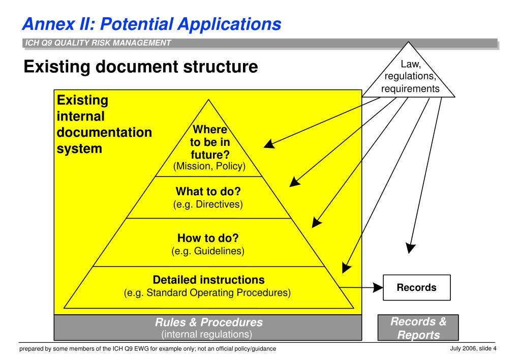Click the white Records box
(416, 288)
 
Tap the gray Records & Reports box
(418, 328)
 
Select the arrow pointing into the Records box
(361, 288)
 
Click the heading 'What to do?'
(208, 192)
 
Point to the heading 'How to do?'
(208, 237)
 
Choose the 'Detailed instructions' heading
(208, 280)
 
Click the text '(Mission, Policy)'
(209, 166)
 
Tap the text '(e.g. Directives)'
(208, 204)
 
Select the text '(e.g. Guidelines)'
(208, 251)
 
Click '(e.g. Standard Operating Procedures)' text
(207, 293)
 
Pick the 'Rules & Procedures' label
(208, 322)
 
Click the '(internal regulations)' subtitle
(207, 334)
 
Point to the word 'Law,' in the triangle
(410, 65)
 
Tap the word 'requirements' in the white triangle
(410, 89)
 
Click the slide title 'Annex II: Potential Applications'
(151, 23)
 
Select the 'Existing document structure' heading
(141, 66)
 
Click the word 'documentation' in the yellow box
(104, 133)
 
